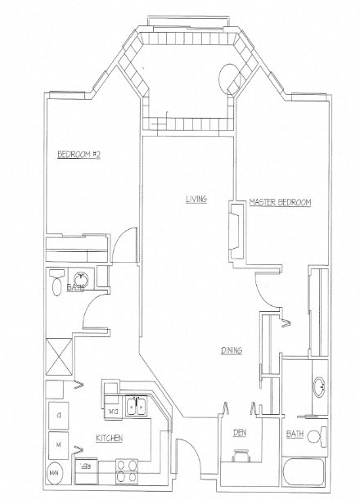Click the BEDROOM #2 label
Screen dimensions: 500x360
[77, 155]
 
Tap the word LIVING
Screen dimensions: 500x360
[195, 199]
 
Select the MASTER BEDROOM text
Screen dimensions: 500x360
[281, 202]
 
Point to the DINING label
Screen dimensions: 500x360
[232, 350]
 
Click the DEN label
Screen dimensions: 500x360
[239, 433]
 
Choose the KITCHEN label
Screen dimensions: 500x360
[109, 439]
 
